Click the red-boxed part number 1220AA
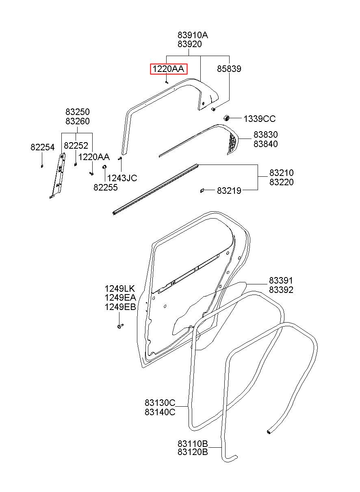click(168, 69)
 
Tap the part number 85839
click(229, 69)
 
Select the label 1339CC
click(259, 119)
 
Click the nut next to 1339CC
click(226, 118)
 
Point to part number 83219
click(229, 191)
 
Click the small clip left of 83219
click(202, 191)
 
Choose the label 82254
click(43, 147)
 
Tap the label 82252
click(76, 145)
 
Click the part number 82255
click(106, 187)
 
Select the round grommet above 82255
click(104, 167)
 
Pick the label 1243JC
click(122, 178)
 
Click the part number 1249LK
click(120, 288)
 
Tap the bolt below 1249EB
click(120, 326)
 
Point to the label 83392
click(281, 290)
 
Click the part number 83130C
click(160, 403)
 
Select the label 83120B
click(193, 452)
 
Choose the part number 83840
click(266, 144)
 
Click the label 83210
click(282, 173)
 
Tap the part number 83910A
click(193, 35)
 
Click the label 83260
click(78, 121)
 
